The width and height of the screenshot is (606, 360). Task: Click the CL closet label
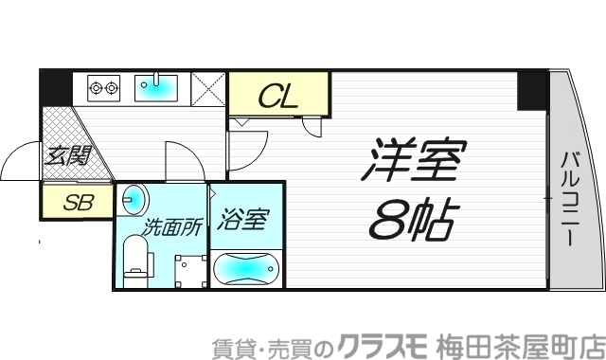click(x=280, y=95)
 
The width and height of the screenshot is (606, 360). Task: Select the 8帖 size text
click(x=408, y=221)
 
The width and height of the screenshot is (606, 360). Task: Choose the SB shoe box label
click(x=76, y=201)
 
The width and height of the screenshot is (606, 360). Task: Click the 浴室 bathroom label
click(x=242, y=221)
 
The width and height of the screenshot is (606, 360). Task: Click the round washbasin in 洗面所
click(x=134, y=198)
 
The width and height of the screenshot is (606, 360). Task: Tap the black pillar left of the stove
click(x=56, y=88)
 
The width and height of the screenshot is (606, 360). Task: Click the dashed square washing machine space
click(x=189, y=270)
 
